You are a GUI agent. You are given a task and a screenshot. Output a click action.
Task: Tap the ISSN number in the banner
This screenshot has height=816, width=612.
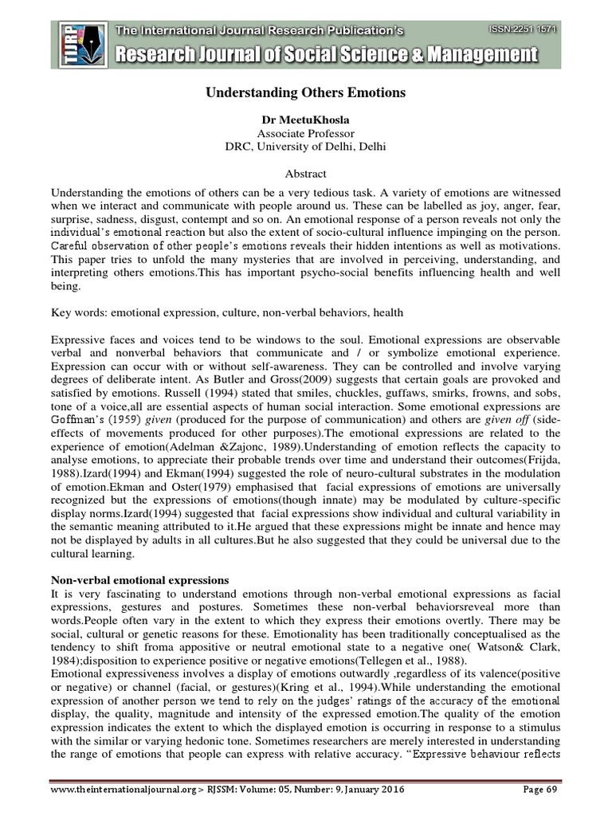(523, 29)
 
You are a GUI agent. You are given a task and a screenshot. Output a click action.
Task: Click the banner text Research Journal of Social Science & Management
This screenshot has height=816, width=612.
(328, 56)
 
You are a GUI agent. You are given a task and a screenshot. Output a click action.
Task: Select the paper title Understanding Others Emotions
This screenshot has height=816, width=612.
(306, 93)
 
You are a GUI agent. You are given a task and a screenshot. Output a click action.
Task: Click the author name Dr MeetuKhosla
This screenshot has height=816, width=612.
(306, 119)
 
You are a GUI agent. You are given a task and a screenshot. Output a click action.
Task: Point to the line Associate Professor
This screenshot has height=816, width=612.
(306, 133)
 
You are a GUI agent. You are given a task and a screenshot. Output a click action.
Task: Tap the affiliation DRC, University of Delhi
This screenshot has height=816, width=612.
(306, 147)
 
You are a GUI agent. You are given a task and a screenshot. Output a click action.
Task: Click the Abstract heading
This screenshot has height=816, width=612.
(306, 174)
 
